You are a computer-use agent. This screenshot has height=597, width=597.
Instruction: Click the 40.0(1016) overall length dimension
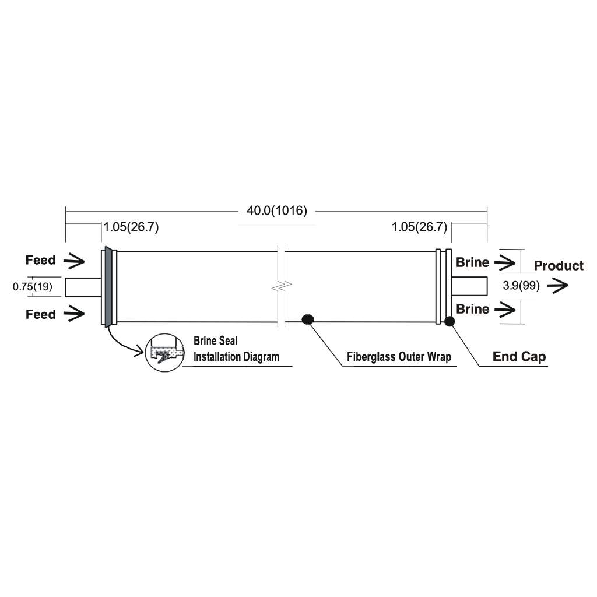pos(277,210)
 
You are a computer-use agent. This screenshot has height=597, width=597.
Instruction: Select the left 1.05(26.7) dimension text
pos(131,227)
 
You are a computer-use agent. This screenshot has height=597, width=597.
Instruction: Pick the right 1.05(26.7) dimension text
pos(419,227)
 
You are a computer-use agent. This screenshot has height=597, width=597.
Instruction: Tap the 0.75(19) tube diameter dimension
pos(33,286)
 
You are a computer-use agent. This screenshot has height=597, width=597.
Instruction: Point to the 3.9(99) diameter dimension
pos(521,286)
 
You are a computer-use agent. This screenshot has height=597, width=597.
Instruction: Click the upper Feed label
pos(40,260)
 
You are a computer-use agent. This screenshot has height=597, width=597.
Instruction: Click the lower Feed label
pos(40,314)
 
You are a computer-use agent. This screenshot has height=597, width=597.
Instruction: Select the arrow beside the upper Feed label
pos(74,261)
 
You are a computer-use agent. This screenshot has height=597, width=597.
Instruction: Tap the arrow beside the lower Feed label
pos(74,314)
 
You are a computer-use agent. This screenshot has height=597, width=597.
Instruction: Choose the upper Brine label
pos(472,262)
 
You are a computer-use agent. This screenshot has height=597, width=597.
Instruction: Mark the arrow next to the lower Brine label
pos(505,309)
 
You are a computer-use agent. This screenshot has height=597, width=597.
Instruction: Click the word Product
pos(559,266)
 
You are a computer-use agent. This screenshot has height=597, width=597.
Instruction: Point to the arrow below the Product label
pos(557,285)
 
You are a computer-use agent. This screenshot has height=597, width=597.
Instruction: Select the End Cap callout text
pos(519,356)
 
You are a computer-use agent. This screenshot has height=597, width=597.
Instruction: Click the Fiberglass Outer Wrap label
pos(399,357)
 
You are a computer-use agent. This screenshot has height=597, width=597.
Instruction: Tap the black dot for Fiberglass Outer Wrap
pos(308,319)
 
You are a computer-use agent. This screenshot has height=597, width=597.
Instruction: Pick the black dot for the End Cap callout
pos(449,321)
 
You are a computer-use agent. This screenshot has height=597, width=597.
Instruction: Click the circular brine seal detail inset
pos(164,353)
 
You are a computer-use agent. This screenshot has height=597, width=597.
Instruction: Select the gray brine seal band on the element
pos(109,287)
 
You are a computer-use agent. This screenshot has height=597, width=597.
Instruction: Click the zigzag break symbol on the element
pos(282,286)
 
